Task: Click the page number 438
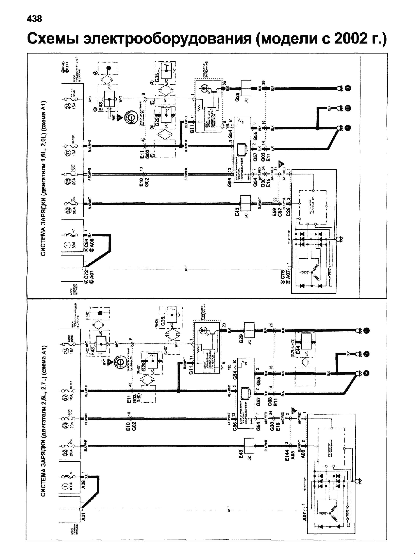coord(34,19)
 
